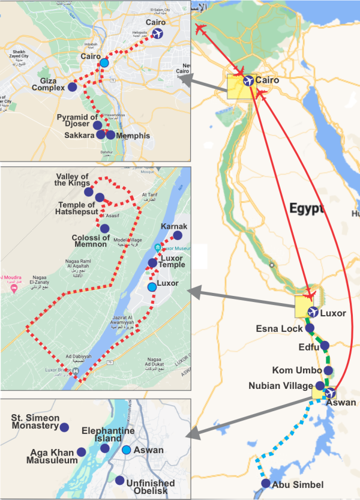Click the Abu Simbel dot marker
tap(266, 484)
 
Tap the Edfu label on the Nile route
tap(310, 346)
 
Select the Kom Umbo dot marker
tap(329, 371)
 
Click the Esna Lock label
tap(279, 329)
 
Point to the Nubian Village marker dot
tap(320, 385)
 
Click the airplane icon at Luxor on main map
tap(313, 312)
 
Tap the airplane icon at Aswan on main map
tap(330, 393)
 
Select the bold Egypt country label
tap(306, 209)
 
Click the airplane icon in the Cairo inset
tap(158, 34)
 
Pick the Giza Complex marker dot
tap(72, 87)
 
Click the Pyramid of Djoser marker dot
tap(97, 125)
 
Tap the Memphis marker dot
tap(110, 135)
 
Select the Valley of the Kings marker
tap(89, 192)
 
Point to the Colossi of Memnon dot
tap(104, 229)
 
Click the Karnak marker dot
tap(177, 235)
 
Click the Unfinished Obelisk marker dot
tap(120, 481)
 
